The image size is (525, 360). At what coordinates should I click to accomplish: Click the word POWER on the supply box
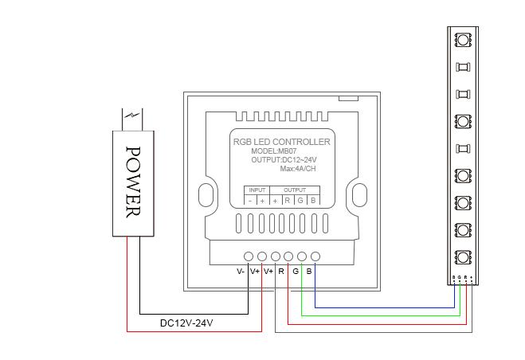coord(133,181)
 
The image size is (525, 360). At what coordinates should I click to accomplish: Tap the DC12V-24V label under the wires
coord(186,323)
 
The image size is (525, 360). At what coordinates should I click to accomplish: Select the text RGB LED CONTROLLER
coord(280,141)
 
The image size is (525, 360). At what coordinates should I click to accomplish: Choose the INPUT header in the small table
coord(257,190)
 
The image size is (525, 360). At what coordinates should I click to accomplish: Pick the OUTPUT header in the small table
coord(295,190)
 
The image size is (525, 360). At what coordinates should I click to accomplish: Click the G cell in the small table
coord(300,200)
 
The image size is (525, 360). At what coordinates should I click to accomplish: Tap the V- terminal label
coord(241,271)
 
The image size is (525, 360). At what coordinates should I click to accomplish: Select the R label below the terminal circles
coord(281,271)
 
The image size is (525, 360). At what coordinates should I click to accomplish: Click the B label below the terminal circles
coord(309,271)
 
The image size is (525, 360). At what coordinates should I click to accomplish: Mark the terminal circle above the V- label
coord(249,256)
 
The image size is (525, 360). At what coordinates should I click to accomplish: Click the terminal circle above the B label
coord(315,256)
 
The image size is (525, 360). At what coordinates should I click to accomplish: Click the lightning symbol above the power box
coord(133,117)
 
